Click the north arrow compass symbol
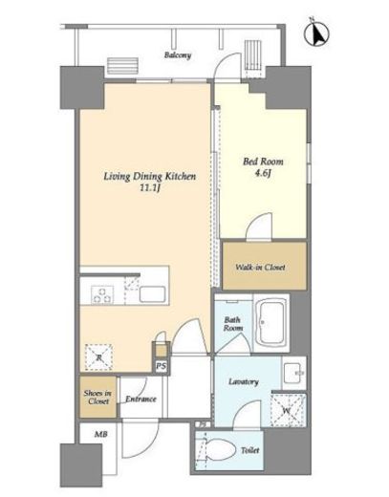316,32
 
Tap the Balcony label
178,55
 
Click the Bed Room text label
263,162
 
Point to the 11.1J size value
149,188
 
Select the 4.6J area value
263,173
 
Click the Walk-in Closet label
260,267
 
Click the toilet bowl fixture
220,450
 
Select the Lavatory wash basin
294,373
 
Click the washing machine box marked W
289,410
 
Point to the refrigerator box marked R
98,357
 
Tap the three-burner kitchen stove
102,294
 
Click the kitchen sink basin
152,294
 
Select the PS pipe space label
162,366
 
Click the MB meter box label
100,434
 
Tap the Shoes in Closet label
97,398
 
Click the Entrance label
140,399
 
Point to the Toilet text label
250,450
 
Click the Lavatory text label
244,381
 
